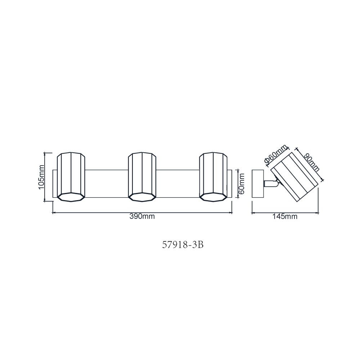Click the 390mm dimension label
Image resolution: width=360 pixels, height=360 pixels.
142,216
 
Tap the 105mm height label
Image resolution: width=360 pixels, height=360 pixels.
41,177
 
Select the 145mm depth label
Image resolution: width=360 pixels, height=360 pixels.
285,216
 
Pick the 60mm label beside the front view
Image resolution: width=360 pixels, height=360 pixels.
242,184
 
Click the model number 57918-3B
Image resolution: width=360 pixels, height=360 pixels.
183,245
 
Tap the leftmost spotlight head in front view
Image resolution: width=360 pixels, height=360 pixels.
71,177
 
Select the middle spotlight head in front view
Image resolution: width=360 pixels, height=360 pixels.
142,177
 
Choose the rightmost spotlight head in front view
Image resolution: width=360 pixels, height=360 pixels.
213,177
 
